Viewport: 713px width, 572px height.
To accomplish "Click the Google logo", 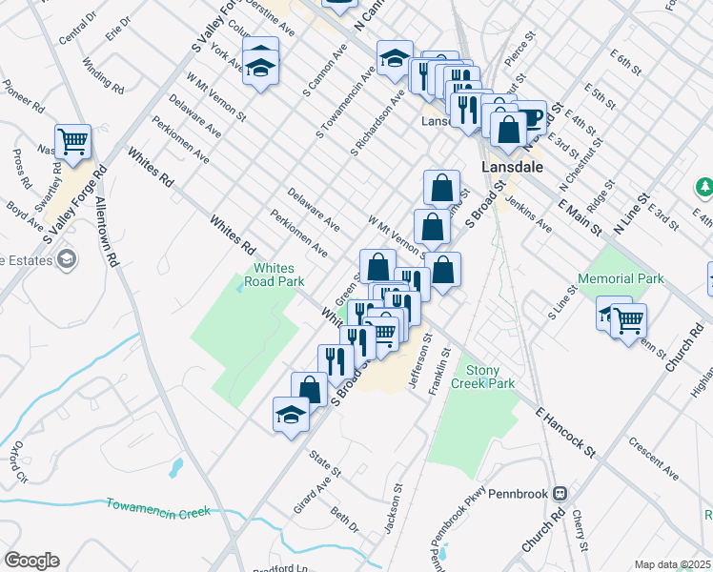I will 32,561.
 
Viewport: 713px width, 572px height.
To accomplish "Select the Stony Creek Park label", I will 489,377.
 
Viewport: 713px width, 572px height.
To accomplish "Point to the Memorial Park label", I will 621,278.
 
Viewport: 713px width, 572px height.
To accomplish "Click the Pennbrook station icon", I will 560,494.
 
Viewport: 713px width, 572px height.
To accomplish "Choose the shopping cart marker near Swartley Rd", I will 72,142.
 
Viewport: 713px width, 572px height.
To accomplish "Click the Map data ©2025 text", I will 671,564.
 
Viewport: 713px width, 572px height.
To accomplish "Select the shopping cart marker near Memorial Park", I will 629,322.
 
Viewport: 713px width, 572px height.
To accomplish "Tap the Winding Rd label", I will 104,75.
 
